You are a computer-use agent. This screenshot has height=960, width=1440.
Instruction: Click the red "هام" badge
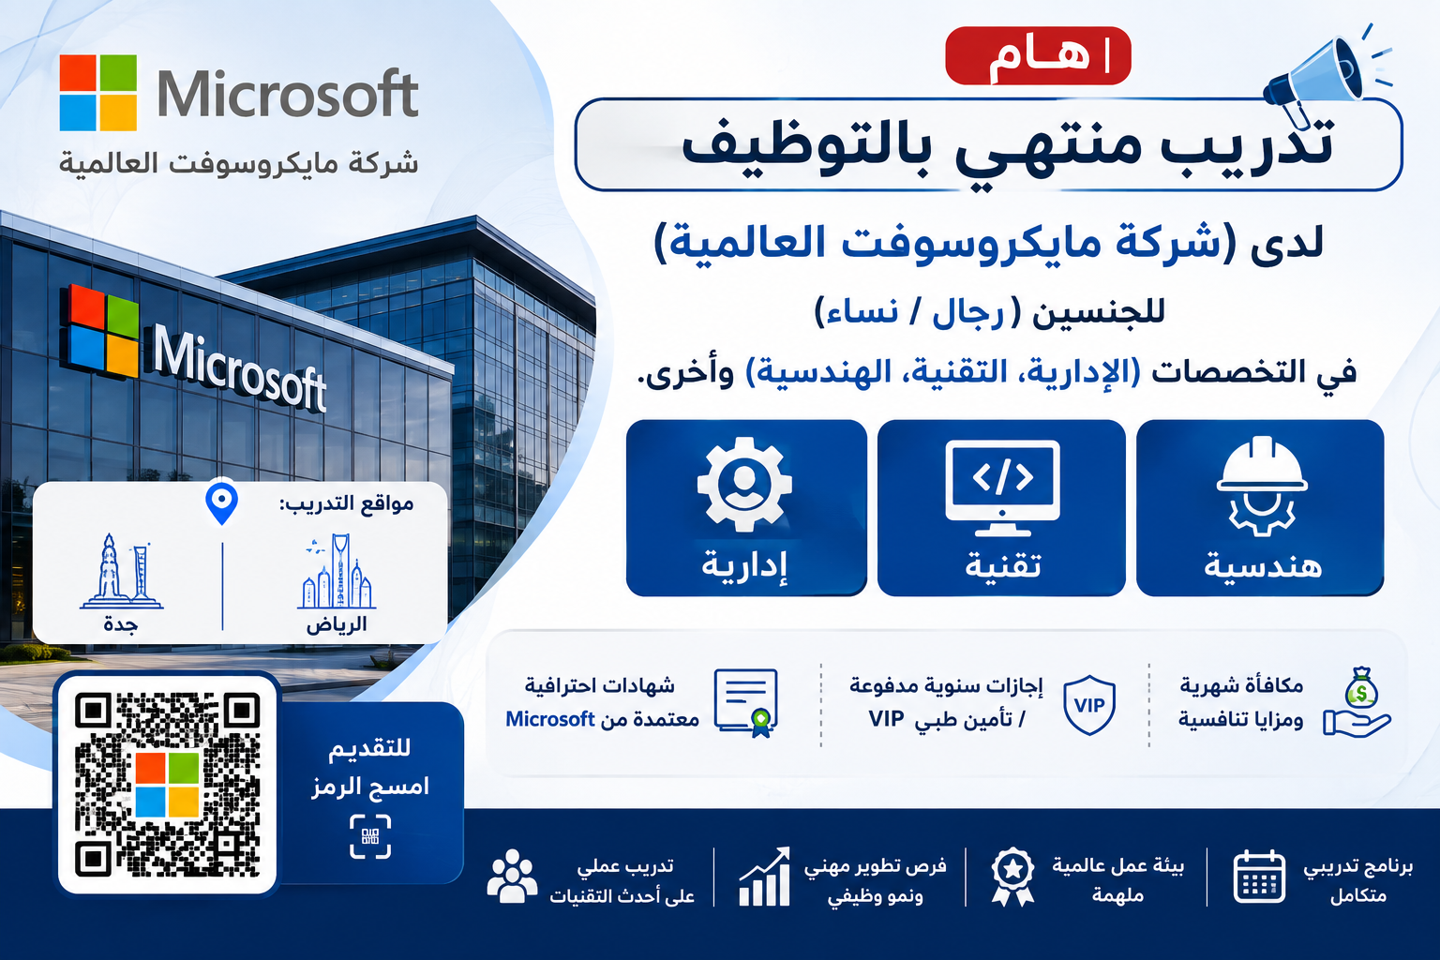[1038, 56]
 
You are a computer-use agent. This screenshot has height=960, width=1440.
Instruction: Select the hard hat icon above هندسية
[1261, 486]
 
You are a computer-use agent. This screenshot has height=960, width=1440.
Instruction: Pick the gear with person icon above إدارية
[744, 484]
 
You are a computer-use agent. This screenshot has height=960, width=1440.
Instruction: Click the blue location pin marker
[222, 502]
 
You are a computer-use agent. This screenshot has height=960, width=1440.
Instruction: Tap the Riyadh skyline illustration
[337, 571]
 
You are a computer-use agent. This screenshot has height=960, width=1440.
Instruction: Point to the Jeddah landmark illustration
[122, 571]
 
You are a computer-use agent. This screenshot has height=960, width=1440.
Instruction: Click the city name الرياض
[337, 624]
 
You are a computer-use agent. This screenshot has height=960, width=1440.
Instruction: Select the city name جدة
[121, 624]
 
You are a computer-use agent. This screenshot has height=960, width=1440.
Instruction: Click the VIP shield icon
[1089, 705]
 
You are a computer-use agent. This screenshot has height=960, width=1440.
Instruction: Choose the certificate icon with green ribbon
[746, 703]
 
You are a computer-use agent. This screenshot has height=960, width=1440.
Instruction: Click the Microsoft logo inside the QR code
[167, 785]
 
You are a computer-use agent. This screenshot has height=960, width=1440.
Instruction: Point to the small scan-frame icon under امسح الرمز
[370, 836]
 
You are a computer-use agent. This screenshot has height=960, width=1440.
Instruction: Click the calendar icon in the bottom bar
[1259, 877]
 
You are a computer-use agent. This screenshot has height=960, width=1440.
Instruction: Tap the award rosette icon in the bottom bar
[1012, 877]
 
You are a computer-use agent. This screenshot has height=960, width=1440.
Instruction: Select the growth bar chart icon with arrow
[764, 877]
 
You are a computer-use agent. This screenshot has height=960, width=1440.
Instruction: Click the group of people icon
[512, 876]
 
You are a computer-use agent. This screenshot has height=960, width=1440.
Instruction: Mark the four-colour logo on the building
[99, 331]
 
